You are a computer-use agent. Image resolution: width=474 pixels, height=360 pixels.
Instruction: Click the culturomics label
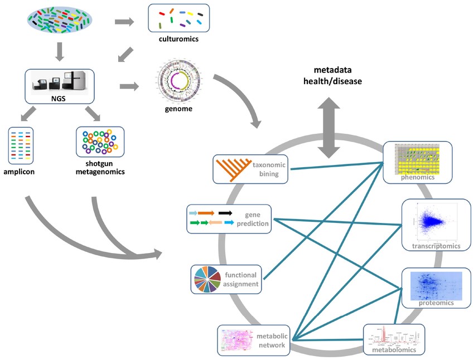point(178,40)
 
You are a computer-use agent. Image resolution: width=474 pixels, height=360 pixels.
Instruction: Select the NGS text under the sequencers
point(59,100)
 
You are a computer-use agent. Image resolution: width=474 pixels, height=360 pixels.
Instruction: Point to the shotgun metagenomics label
point(100,167)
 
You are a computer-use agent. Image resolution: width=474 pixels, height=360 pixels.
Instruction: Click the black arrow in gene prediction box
point(225,213)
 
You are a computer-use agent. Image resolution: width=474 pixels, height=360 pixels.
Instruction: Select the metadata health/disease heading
point(337,76)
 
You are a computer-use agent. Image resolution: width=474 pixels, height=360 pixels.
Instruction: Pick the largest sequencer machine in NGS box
point(76,81)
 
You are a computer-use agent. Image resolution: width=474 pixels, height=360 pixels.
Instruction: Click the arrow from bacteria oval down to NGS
point(60,53)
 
